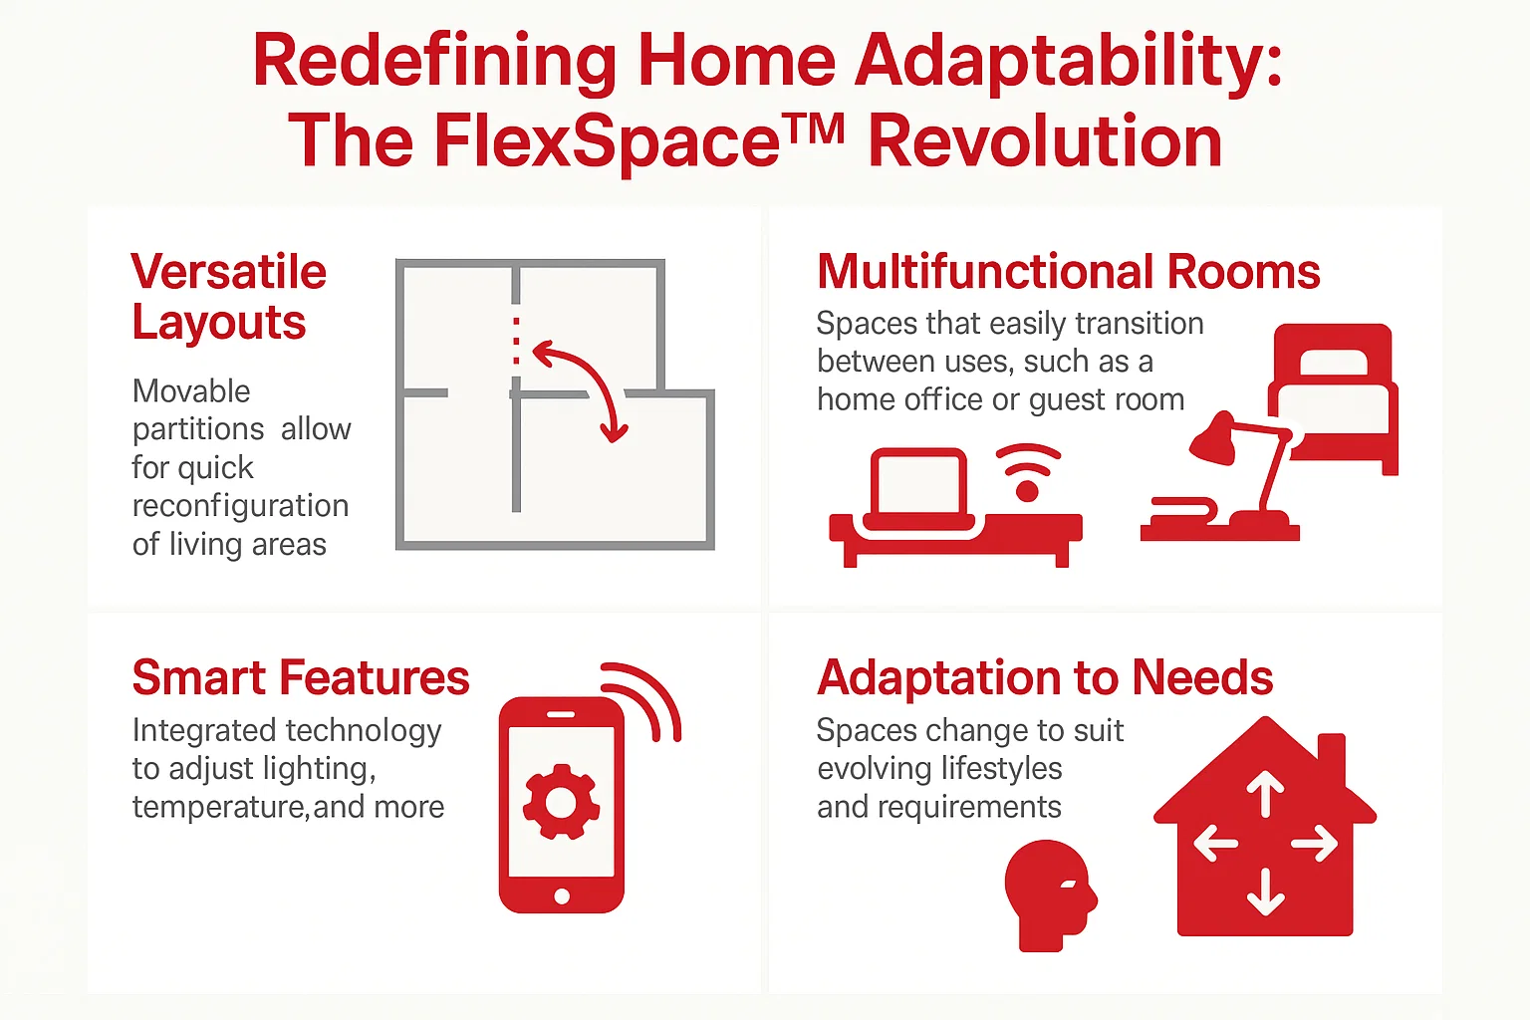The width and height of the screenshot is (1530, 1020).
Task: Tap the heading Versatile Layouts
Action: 228,297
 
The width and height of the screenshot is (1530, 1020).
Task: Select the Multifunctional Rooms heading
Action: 1068,272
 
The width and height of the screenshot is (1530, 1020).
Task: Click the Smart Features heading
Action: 300,678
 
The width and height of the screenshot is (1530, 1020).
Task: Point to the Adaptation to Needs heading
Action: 1045,678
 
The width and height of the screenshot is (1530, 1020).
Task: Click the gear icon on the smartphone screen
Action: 561,803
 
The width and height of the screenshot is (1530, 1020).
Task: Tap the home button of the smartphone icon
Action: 562,896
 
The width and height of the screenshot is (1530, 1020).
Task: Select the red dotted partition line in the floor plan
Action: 516,345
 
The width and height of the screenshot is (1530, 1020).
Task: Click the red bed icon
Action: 1333,394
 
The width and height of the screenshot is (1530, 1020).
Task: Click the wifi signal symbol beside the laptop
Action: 1028,473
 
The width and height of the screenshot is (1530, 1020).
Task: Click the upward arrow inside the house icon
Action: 1265,795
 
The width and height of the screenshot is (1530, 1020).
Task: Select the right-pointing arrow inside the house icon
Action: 1315,845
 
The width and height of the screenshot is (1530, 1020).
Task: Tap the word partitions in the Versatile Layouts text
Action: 198,429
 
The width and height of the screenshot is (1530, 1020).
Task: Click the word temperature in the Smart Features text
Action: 219,807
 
